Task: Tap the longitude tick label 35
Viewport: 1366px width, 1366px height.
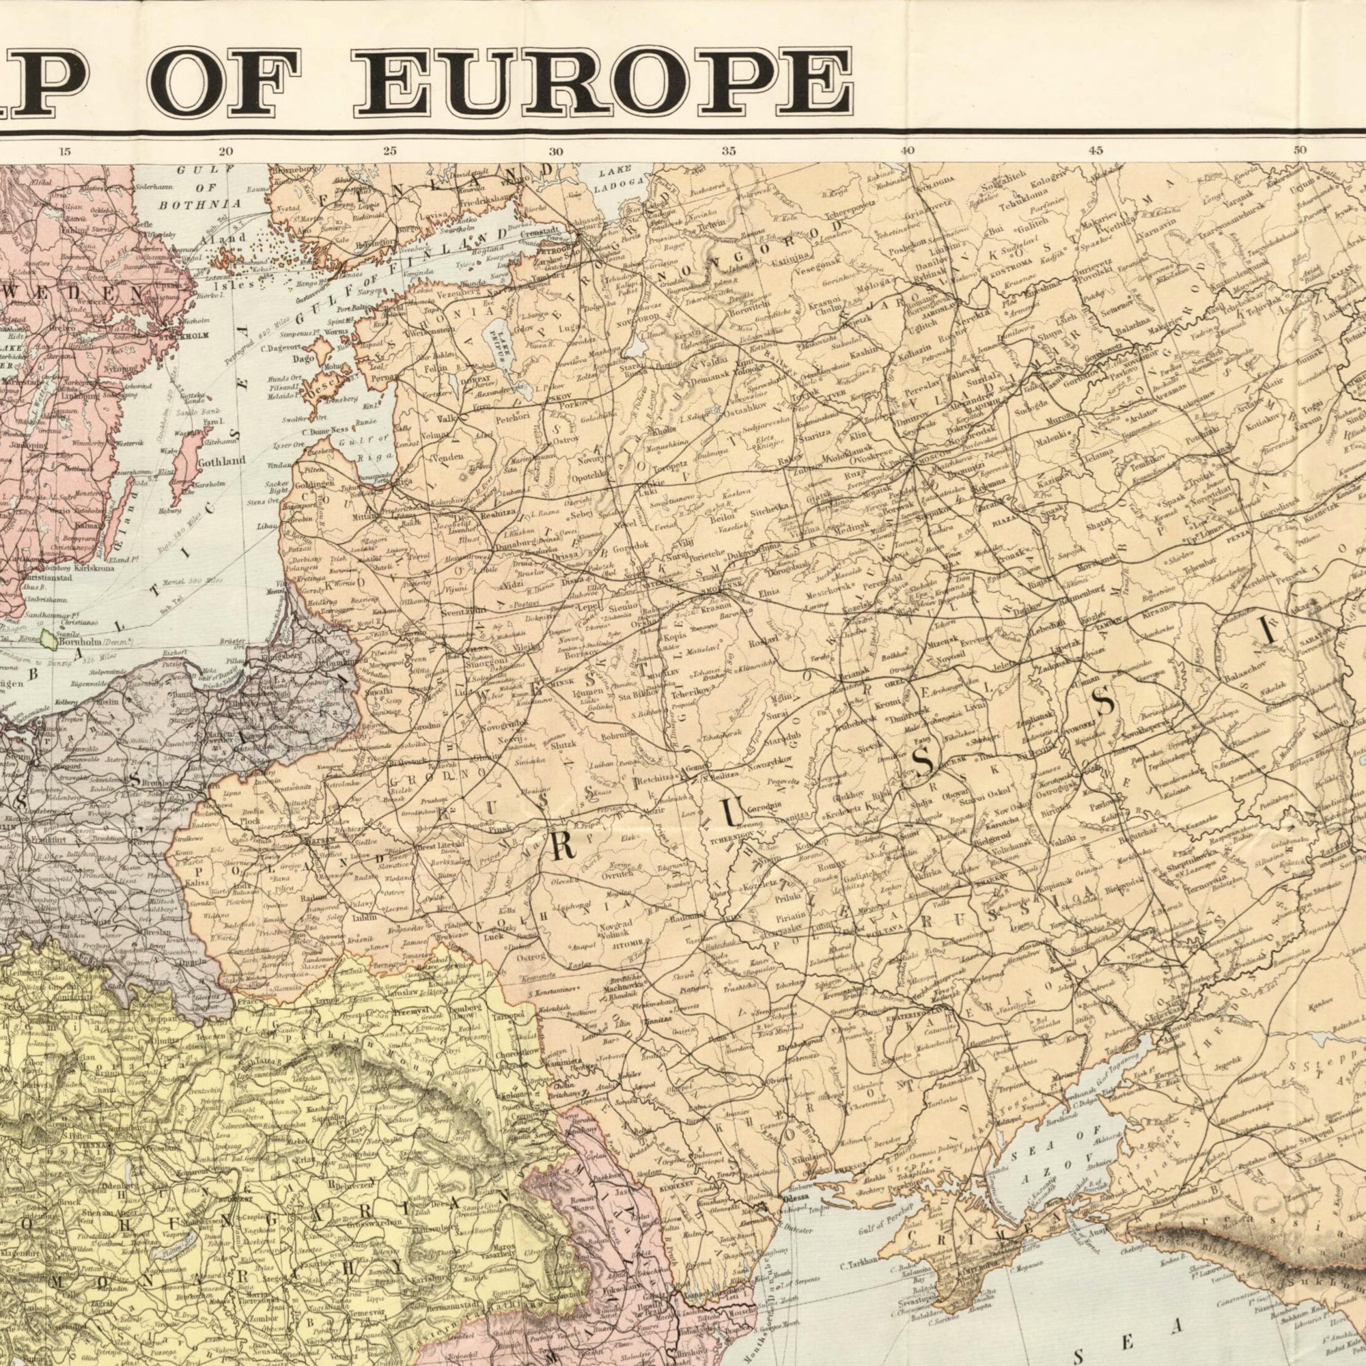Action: pyautogui.click(x=729, y=150)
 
